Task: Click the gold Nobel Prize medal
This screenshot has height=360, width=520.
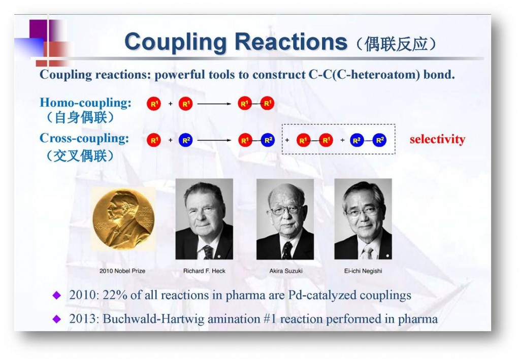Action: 123,219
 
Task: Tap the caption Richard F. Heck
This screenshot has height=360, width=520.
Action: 204,271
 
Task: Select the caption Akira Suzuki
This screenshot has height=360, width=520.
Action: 286,271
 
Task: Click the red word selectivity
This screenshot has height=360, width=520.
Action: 437,140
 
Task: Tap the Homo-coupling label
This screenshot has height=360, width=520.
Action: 85,103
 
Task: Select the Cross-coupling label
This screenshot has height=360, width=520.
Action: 84,139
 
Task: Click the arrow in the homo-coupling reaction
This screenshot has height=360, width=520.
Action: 214,104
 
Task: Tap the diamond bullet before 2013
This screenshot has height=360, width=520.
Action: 57,319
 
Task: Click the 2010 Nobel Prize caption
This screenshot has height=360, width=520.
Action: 122,271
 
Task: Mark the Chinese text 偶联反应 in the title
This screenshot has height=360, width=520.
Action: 400,44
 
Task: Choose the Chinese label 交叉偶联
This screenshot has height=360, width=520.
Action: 77,156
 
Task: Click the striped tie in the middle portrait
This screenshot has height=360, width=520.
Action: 287,250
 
